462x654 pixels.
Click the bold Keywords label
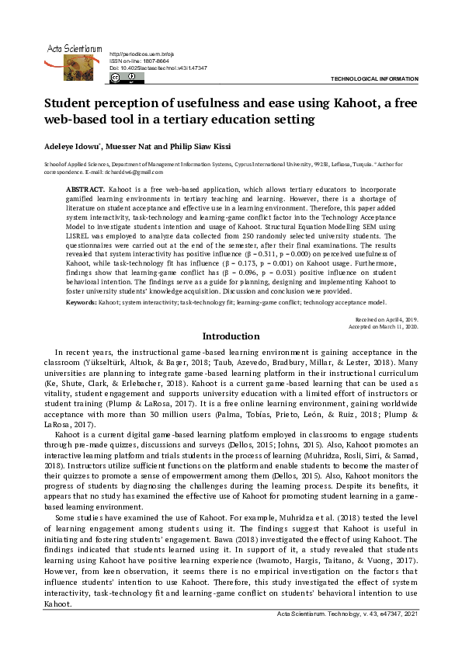coord(80,301)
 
